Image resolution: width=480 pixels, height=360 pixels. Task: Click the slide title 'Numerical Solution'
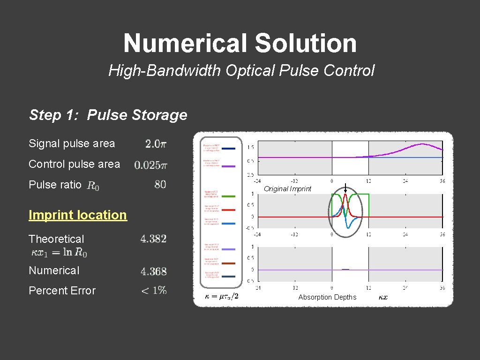(240, 43)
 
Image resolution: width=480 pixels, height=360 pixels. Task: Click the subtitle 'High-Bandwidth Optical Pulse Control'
(241, 71)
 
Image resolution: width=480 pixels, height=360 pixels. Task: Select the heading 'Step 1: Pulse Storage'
(108, 115)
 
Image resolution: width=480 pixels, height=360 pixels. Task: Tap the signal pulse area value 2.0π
(155, 144)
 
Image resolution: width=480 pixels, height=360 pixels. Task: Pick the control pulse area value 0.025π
(150, 165)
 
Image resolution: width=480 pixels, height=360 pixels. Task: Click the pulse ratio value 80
(160, 185)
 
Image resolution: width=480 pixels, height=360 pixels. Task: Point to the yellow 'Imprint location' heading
(78, 215)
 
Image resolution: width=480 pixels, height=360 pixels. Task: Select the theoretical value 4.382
(153, 239)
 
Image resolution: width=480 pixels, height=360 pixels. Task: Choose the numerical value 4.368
(153, 271)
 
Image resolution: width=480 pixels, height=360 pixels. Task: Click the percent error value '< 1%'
(154, 291)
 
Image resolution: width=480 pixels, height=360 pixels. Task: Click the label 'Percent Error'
(62, 291)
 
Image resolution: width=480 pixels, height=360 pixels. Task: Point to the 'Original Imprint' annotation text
(287, 189)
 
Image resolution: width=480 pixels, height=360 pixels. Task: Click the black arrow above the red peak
(345, 187)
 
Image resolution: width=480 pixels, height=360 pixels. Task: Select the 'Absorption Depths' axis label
(327, 297)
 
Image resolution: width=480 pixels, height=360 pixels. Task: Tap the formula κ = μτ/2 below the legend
(222, 296)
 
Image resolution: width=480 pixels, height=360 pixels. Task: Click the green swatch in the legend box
(228, 195)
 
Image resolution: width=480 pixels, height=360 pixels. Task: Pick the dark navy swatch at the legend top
(228, 149)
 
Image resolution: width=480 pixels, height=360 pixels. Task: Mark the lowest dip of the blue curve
(348, 227)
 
